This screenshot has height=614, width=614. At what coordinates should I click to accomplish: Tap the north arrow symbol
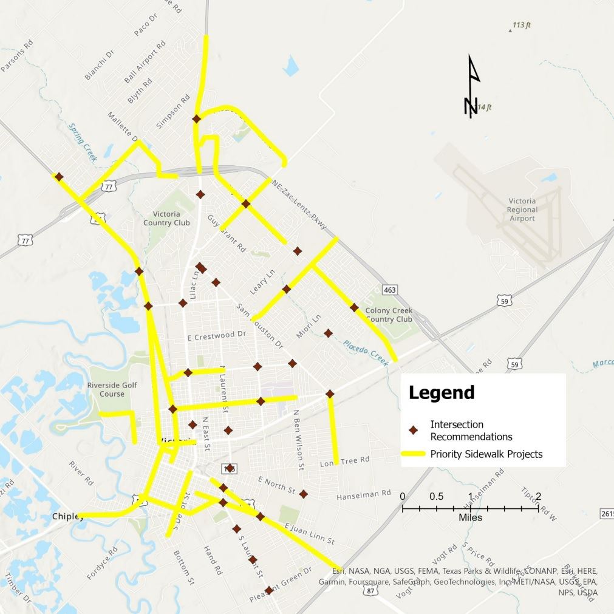pyautogui.click(x=472, y=86)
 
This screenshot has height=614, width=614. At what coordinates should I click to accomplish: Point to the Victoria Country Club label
pyautogui.click(x=166, y=219)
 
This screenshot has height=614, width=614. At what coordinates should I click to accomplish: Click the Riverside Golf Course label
pyautogui.click(x=112, y=389)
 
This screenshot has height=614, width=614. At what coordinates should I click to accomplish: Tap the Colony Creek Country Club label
pyautogui.click(x=389, y=315)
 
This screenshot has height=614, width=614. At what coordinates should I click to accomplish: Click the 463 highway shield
pyautogui.click(x=389, y=290)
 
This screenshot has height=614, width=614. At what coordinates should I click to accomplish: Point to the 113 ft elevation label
pyautogui.click(x=521, y=26)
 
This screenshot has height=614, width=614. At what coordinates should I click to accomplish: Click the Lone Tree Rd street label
pyautogui.click(x=344, y=462)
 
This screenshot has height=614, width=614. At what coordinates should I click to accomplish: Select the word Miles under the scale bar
pyautogui.click(x=470, y=517)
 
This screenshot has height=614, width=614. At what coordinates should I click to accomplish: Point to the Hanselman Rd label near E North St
pyautogui.click(x=363, y=495)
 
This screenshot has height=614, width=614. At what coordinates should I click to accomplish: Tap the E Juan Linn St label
pyautogui.click(x=309, y=533)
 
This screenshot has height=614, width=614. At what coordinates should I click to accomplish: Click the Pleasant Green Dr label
pyautogui.click(x=281, y=585)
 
